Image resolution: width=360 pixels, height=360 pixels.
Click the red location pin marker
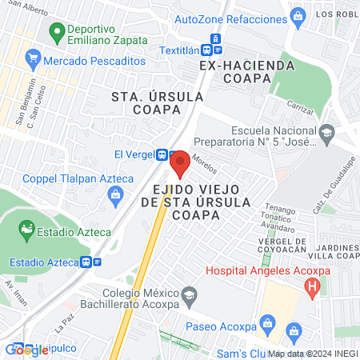point(180,162)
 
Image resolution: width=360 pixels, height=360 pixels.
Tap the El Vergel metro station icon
point(162,154)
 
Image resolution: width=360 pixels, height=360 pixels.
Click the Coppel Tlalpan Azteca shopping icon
point(116,193)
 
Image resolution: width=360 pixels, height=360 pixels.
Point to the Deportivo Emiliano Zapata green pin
point(56,33)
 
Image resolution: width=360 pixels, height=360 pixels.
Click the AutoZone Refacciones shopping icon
point(297,15)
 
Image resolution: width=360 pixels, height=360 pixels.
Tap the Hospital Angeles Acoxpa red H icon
point(314,285)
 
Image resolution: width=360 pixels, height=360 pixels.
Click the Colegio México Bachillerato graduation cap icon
point(188,295)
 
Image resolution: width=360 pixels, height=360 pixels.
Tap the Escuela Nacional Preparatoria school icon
point(326,131)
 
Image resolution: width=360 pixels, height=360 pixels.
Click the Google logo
point(26,350)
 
